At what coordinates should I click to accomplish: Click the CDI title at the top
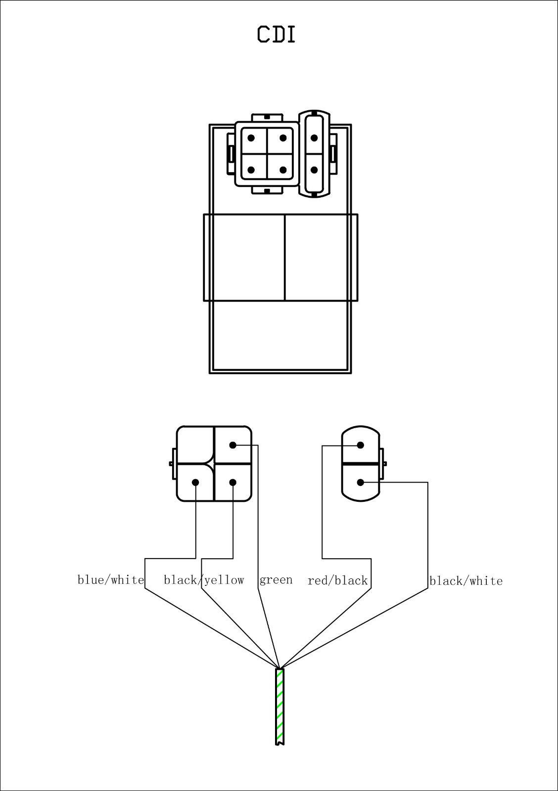276,34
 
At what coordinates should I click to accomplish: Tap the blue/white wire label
111,580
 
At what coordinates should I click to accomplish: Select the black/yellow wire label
204,580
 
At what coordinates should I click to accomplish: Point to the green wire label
276,580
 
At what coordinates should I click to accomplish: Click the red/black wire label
337,581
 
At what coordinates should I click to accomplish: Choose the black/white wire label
466,581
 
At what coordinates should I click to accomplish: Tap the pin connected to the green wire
232,445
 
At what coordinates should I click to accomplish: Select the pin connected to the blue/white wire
195,483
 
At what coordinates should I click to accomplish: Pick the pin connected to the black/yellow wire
232,483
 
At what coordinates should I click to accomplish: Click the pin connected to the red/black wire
361,445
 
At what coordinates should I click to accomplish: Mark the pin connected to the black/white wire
361,482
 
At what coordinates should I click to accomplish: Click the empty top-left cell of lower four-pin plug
195,444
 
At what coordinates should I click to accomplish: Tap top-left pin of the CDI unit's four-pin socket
251,138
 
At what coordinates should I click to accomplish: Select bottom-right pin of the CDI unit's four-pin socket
283,170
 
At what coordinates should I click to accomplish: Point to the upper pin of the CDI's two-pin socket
314,138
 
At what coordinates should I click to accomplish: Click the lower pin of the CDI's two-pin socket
314,170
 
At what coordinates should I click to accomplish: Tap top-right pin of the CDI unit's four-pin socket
283,138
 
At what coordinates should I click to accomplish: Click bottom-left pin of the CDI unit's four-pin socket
251,170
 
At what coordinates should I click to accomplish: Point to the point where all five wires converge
279,668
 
